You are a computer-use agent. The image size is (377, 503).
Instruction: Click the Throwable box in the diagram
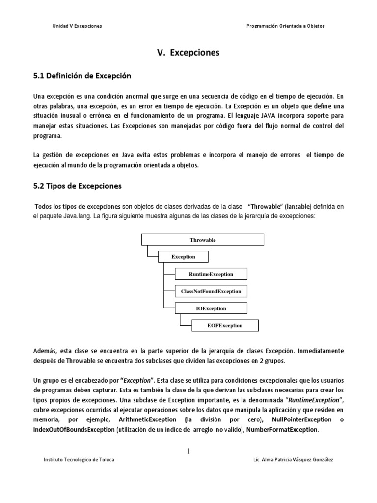[x=203, y=240]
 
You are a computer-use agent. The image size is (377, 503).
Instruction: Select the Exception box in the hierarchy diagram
[x=183, y=256]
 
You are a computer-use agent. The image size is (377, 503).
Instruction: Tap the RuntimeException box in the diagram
[x=211, y=274]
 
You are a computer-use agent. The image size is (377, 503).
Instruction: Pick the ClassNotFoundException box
[x=211, y=291]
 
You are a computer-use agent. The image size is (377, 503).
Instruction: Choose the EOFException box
[x=224, y=325]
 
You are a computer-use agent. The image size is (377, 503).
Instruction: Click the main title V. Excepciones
[x=188, y=52]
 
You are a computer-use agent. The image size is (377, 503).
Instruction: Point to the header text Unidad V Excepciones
[x=77, y=26]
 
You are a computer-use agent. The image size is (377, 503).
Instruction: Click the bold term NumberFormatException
[x=282, y=430]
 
